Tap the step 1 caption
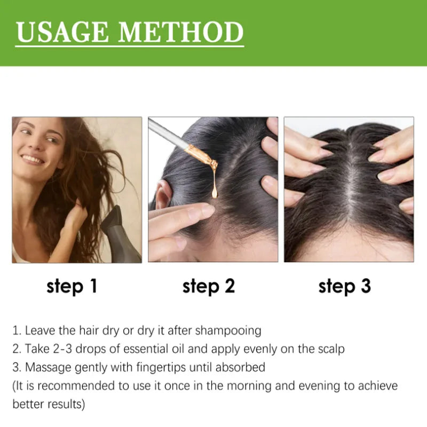point(72,287)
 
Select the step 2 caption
point(208,287)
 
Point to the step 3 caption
point(344,287)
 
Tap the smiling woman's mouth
point(33,160)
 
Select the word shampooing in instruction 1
point(228,331)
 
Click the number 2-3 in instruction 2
point(62,349)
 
